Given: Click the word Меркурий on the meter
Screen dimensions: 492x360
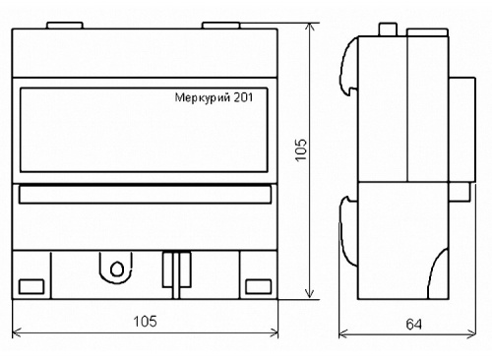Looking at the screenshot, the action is tap(203, 98).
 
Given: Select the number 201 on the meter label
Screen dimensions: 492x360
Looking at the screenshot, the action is tap(243, 97).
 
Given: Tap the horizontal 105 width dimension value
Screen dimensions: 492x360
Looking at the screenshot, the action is tap(145, 322).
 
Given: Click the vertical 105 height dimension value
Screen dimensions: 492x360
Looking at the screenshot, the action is tap(301, 150).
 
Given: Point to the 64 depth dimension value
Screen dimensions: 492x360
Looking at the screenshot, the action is tap(413, 325).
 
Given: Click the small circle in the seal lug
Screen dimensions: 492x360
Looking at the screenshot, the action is tap(117, 269).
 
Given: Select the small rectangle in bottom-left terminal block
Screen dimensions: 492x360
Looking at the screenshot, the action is tap(31, 286).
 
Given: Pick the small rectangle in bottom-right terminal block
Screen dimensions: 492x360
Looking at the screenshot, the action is tap(259, 286).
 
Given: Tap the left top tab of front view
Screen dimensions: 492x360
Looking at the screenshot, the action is tap(65, 26).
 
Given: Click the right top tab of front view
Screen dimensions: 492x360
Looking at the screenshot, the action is tap(221, 26).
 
